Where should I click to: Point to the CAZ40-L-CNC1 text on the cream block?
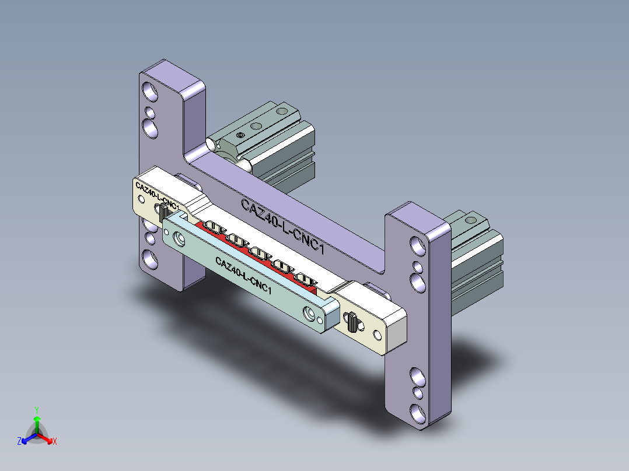point(157,195)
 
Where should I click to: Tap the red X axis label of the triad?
point(55,441)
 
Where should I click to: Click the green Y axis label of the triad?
point(36,410)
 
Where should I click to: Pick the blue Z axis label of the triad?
point(19,441)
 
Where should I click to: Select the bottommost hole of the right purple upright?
point(418,413)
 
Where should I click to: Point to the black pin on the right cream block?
point(353,322)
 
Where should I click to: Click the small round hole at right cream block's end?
point(378,335)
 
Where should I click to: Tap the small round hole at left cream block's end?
point(141,199)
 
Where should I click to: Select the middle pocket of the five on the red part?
point(259,254)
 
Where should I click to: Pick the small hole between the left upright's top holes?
point(150,111)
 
